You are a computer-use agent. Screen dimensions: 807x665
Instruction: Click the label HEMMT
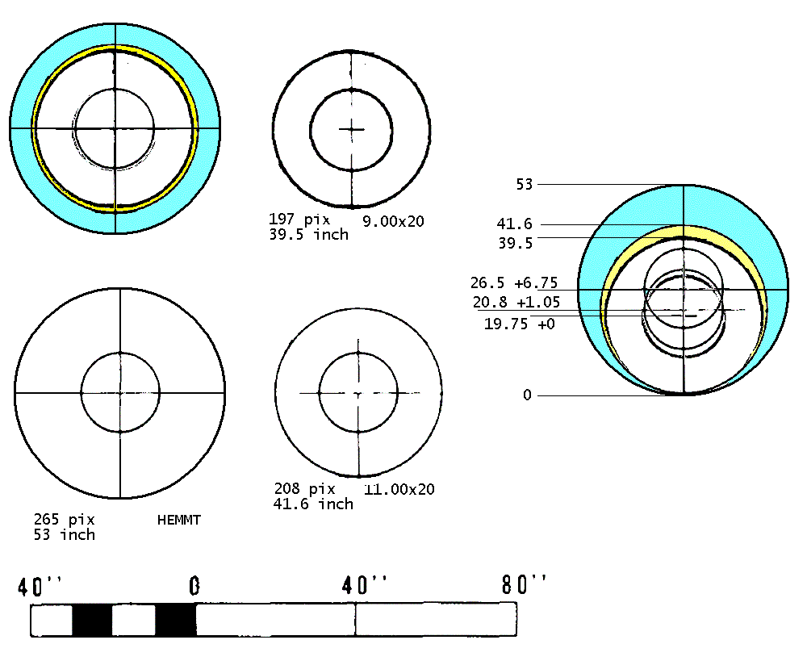tap(178, 520)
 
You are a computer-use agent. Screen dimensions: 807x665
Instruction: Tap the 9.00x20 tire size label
tap(393, 221)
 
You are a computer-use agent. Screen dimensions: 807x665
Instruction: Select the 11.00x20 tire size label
tap(399, 489)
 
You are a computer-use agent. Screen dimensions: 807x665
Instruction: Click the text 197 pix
tap(299, 219)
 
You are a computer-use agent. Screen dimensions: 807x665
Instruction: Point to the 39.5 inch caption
tap(308, 234)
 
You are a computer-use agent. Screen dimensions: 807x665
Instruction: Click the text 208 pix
tap(304, 488)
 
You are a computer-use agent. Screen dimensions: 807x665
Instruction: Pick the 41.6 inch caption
tap(313, 504)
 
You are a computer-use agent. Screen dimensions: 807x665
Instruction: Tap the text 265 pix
tap(65, 519)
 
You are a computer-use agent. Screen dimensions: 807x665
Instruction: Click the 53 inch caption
tap(65, 534)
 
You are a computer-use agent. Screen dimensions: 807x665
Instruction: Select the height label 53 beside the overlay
tap(525, 184)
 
